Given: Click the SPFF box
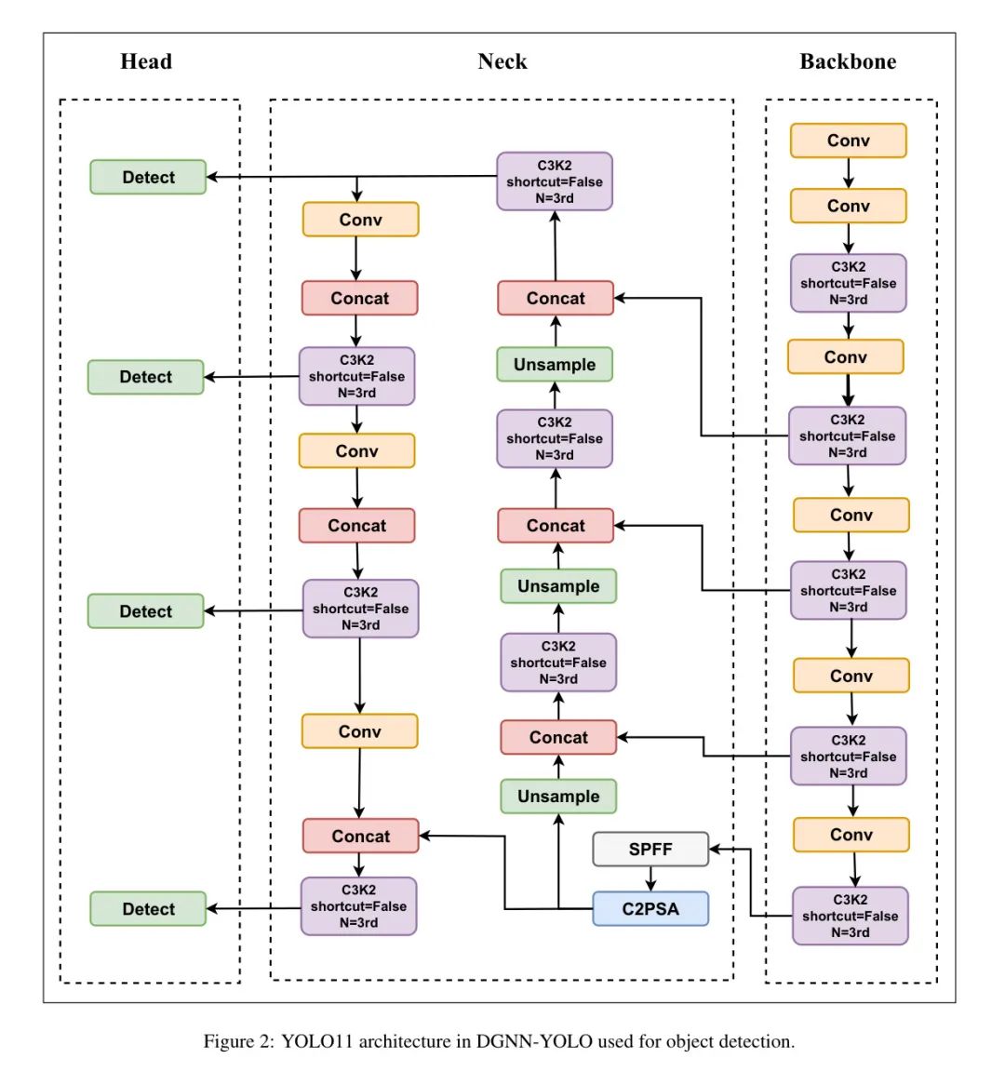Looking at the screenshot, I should pyautogui.click(x=650, y=849).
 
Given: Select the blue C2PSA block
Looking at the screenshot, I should pyautogui.click(x=650, y=908).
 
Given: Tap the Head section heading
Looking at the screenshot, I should pyautogui.click(x=146, y=61).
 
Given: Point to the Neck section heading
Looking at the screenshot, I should pyautogui.click(x=502, y=61).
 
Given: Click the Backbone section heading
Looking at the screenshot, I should pyautogui.click(x=848, y=61).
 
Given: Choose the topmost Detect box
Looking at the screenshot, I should pyautogui.click(x=148, y=177).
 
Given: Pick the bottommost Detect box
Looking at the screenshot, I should pyautogui.click(x=148, y=908).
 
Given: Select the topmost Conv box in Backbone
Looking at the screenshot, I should pyautogui.click(x=848, y=141).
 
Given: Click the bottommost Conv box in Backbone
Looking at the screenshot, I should pyautogui.click(x=851, y=835).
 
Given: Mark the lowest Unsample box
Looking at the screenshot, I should pyautogui.click(x=558, y=796).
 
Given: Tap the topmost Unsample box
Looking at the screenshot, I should pyautogui.click(x=555, y=364).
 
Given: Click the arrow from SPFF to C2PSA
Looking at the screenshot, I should pyautogui.click(x=650, y=878).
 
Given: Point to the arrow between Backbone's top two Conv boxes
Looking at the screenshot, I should pyautogui.click(x=848, y=173).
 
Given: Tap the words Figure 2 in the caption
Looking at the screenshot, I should pyautogui.click(x=238, y=1041).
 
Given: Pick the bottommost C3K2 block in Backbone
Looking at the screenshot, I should pyautogui.click(x=850, y=916).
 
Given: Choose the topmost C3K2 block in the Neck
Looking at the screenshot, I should pyautogui.click(x=555, y=181).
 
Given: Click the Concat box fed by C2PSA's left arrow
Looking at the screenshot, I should pyautogui.click(x=360, y=836).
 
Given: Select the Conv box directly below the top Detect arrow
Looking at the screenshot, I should pyautogui.click(x=360, y=220).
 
